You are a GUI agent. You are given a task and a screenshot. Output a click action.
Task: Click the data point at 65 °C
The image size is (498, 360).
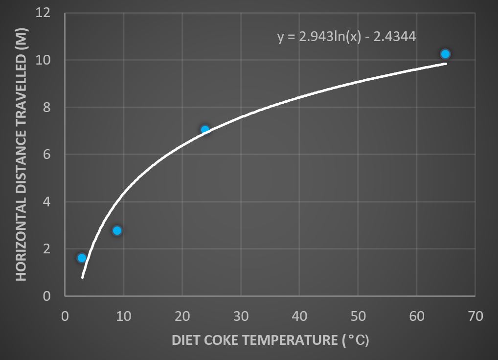(445, 54)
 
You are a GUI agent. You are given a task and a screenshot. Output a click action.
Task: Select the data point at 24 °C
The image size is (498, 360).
(205, 130)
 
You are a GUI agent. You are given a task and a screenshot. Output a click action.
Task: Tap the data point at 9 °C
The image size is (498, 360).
(117, 230)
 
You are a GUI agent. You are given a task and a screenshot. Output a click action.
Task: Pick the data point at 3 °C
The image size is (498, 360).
(82, 258)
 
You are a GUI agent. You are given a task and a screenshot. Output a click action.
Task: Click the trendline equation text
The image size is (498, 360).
(347, 37)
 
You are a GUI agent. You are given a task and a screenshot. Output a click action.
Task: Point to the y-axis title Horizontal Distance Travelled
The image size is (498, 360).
(21, 154)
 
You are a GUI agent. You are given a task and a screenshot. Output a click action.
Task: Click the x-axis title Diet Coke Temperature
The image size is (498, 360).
(270, 340)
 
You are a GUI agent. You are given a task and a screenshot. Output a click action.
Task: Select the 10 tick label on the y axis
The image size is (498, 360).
(44, 60)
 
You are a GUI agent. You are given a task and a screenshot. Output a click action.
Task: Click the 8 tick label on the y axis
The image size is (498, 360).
(47, 108)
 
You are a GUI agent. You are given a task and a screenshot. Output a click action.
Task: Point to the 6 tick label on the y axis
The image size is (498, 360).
(47, 155)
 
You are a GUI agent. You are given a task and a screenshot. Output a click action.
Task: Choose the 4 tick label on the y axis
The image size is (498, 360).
(47, 202)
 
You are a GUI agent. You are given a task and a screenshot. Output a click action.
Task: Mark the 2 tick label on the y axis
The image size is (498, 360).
(47, 249)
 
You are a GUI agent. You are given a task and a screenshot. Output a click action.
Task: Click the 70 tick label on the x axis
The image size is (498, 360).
(475, 316)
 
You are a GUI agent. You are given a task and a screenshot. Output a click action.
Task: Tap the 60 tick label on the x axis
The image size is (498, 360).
(416, 316)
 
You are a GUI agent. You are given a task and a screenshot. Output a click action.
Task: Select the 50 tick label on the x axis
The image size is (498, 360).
(358, 316)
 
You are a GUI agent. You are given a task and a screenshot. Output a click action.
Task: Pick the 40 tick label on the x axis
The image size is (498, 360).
(299, 316)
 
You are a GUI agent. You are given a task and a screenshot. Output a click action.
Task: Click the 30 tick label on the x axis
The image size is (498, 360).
(241, 316)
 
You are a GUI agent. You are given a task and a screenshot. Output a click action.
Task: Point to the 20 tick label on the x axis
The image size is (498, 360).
(182, 316)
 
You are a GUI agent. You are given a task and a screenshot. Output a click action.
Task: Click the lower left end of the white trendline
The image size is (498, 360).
(82, 277)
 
